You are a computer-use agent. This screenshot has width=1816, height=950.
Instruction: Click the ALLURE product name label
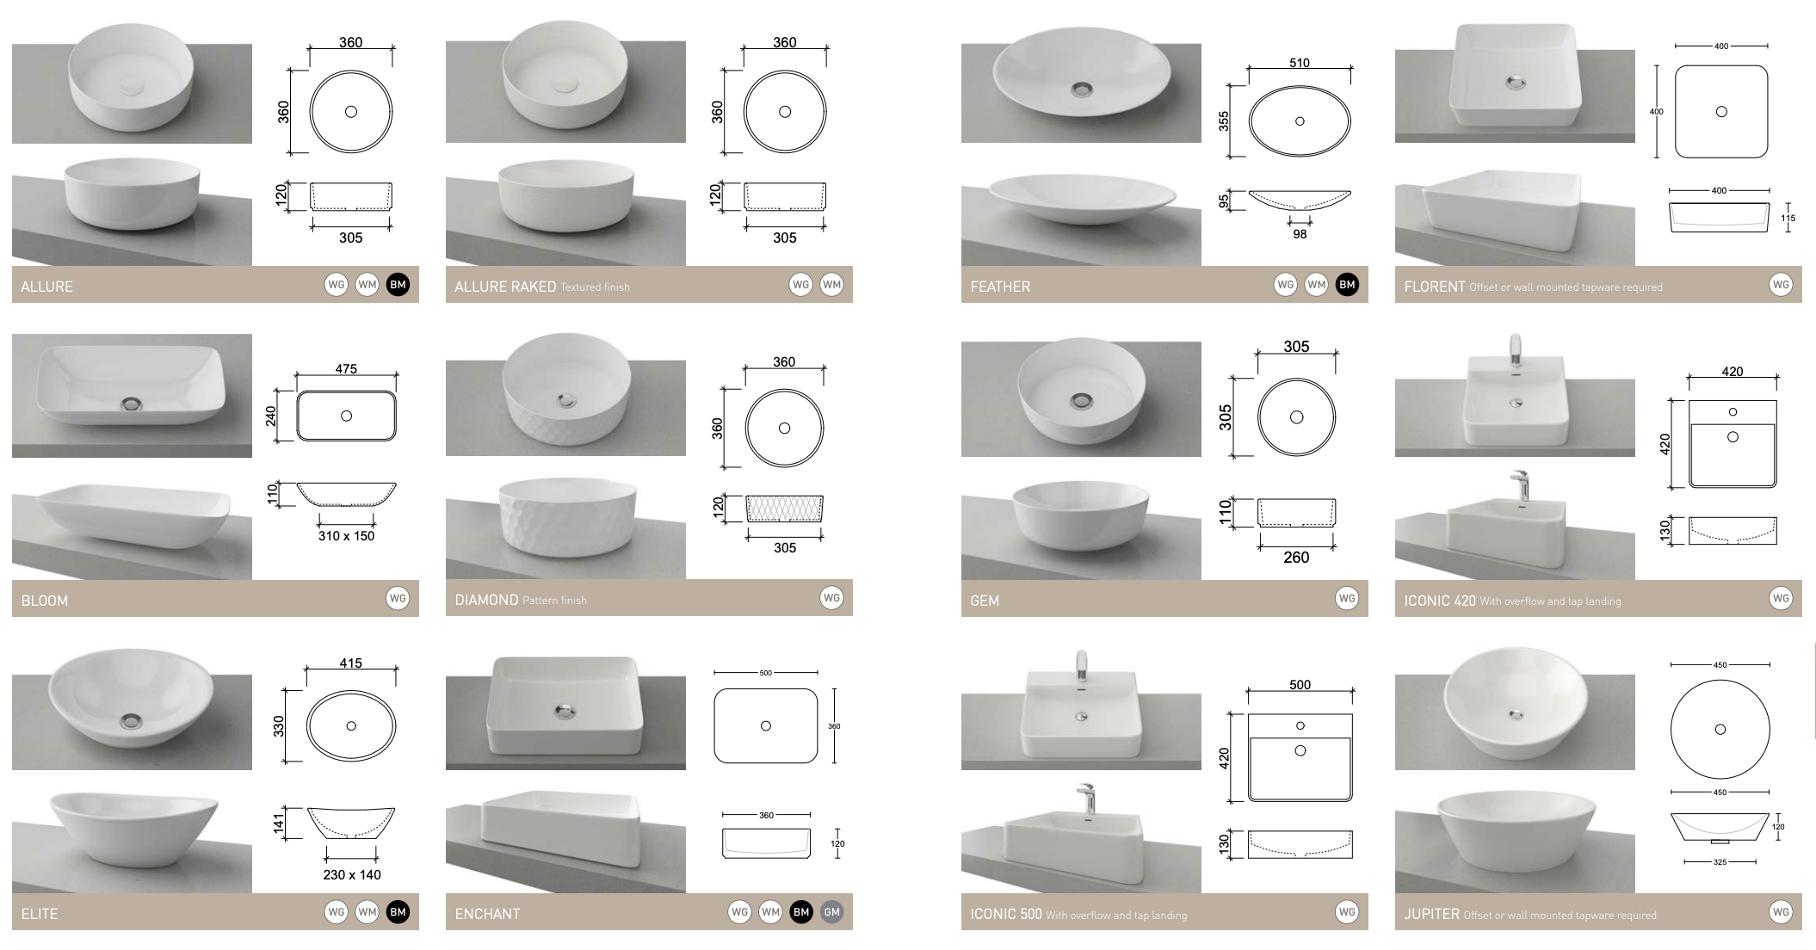46,287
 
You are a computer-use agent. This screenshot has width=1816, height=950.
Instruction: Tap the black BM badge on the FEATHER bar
1347,285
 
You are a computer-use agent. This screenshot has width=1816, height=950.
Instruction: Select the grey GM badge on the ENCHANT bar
831,912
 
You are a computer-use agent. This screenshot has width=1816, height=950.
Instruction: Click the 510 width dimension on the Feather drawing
1299,63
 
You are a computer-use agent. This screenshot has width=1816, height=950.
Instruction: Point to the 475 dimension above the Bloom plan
346,368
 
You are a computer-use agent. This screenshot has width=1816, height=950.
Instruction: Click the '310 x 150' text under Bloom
346,536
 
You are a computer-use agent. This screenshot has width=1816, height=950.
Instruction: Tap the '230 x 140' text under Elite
351,874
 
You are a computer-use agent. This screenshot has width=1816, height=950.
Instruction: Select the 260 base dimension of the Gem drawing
1295,558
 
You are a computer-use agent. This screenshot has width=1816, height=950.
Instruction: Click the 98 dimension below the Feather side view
1299,234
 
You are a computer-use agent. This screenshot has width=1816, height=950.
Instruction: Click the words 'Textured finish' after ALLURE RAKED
595,287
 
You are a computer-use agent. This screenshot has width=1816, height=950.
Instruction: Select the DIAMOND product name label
486,600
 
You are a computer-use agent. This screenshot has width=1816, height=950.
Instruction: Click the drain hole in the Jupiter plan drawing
1720,730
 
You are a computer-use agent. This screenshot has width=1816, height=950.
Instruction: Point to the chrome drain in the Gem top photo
1081,401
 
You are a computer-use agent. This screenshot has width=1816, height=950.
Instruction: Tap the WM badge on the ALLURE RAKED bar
831,285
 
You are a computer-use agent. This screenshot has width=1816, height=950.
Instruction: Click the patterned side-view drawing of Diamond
784,509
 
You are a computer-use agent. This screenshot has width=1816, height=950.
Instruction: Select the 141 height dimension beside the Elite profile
279,824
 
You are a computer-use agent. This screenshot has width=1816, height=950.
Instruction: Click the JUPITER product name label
1431,914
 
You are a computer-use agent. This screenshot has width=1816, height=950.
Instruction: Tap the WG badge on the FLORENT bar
1781,285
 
